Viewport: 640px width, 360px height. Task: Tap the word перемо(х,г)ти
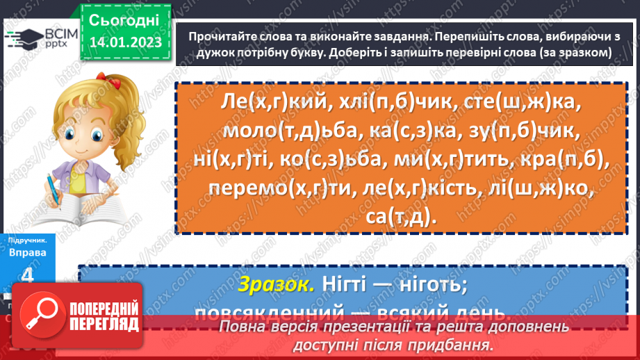coord(268,190)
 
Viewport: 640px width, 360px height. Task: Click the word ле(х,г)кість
coord(410,190)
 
